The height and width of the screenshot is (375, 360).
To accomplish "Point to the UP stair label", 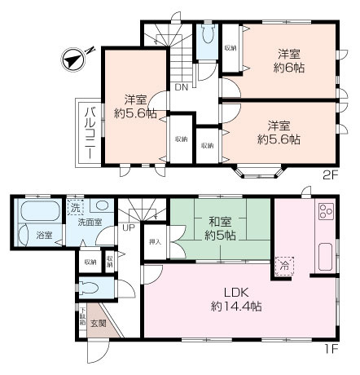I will tap(129, 227).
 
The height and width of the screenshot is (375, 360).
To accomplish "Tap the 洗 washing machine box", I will tap(74, 205).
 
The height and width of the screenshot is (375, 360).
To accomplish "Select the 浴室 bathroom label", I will tap(44, 236).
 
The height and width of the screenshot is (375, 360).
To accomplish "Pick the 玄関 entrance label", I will tap(108, 322).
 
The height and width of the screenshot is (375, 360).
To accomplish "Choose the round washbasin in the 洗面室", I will tap(103, 206).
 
